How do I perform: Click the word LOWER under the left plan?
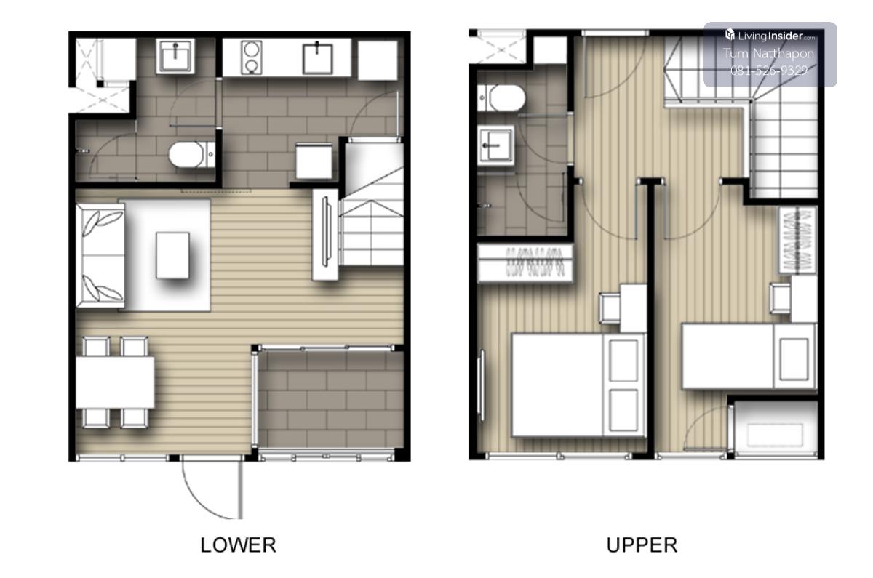(238, 545)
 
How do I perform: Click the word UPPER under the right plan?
(642, 545)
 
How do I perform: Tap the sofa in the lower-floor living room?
(100, 255)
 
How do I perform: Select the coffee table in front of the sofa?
(172, 255)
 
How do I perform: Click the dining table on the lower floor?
(115, 382)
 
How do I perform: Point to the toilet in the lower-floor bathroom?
(191, 155)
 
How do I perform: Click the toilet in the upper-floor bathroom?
(501, 97)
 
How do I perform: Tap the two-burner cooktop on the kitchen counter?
(251, 57)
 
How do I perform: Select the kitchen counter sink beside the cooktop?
(318, 58)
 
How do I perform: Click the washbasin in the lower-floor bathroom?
(175, 56)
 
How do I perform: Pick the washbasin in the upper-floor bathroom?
(495, 145)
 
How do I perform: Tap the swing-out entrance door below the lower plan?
(212, 489)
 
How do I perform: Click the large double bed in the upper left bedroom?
(578, 385)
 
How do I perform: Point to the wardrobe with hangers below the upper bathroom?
(525, 263)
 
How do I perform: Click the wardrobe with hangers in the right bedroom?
(797, 241)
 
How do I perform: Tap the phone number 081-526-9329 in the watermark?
(769, 71)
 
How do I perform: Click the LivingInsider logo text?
(770, 36)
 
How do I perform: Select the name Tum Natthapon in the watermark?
(768, 53)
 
